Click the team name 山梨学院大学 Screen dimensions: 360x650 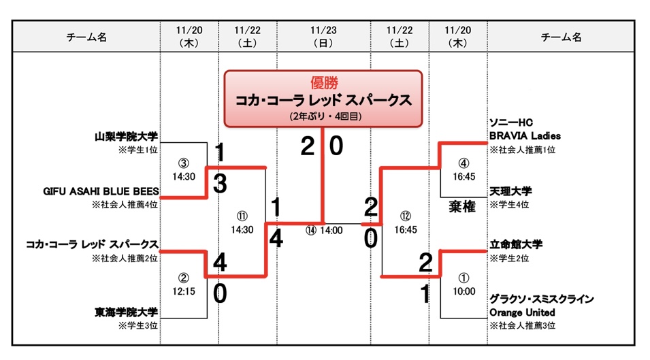click(126, 137)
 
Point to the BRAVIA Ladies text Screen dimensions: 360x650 click(525, 135)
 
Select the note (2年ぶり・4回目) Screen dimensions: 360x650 click(323, 116)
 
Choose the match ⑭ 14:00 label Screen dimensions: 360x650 click(323, 230)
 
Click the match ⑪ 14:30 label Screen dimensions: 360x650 click(242, 224)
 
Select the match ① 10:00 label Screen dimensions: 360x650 click(464, 284)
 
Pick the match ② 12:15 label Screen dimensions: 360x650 click(182, 284)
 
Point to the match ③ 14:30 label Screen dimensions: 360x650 click(182, 169)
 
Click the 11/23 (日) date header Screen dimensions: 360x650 click(323, 37)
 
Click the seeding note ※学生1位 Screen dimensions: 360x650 click(138, 149)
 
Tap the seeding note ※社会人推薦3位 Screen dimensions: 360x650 click(522, 326)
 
